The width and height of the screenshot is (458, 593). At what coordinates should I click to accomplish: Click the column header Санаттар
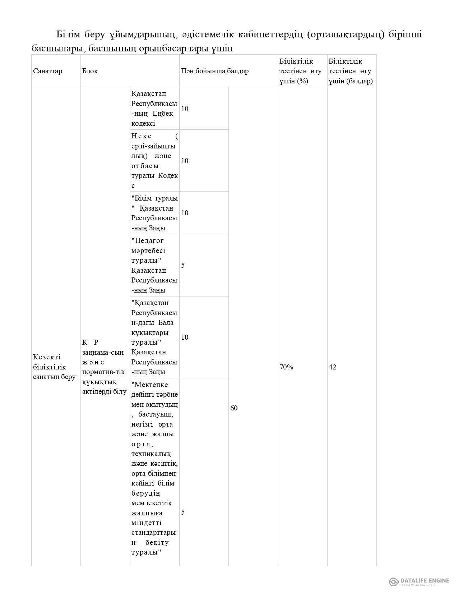tap(47, 71)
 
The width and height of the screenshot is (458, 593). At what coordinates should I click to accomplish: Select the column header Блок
tap(90, 71)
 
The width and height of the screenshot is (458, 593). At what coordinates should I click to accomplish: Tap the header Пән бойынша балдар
tap(214, 71)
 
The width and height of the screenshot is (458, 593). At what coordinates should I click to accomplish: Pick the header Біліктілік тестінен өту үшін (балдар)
tap(350, 71)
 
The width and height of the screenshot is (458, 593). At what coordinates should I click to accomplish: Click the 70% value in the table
tap(286, 367)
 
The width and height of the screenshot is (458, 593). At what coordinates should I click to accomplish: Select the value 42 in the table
tap(332, 367)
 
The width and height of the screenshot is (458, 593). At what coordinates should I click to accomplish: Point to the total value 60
tap(233, 408)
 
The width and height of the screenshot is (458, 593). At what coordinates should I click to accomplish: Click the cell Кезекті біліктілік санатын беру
tap(54, 367)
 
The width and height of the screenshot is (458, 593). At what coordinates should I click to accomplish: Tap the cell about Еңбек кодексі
tap(154, 108)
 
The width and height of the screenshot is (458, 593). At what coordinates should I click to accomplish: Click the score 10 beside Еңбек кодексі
tap(185, 109)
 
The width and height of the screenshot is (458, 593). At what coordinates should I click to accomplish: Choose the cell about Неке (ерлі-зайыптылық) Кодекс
tap(154, 161)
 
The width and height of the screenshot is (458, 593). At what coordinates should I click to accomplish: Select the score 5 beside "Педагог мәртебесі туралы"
tap(183, 265)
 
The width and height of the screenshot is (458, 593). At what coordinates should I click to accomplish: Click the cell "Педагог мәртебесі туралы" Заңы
tap(154, 265)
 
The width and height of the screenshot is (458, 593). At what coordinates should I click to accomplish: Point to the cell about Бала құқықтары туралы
tap(154, 337)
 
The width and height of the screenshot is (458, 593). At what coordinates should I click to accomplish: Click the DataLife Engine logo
tap(419, 581)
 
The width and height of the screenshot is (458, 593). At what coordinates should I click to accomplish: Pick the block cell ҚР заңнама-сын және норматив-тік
tap(104, 367)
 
